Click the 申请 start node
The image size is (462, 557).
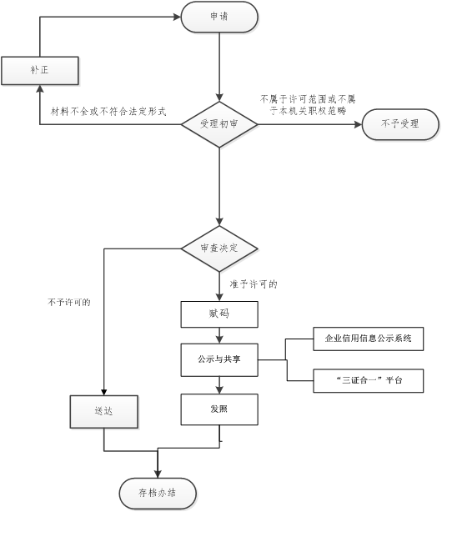click(219, 17)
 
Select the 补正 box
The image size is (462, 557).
click(40, 70)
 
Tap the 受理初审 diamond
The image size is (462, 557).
click(219, 124)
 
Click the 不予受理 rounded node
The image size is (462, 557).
click(400, 124)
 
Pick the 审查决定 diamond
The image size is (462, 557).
click(219, 248)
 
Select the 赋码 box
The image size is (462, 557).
click(219, 314)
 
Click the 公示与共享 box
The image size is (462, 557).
click(219, 360)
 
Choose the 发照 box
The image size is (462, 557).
click(219, 409)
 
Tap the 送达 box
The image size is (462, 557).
click(103, 411)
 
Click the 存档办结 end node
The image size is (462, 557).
click(158, 494)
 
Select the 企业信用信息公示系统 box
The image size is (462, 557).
click(368, 339)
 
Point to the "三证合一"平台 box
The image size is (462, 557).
click(368, 381)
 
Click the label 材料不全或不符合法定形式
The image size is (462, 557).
click(108, 112)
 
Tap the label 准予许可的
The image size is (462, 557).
click(254, 284)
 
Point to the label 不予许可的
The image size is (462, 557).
click(69, 303)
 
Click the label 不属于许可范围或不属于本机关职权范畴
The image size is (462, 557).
click(308, 105)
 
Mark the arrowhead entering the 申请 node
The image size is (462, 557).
click(177, 17)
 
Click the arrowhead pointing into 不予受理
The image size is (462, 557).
click(358, 124)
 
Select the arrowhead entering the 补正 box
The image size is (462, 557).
click(40, 89)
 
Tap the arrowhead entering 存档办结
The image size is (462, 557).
click(158, 474)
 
